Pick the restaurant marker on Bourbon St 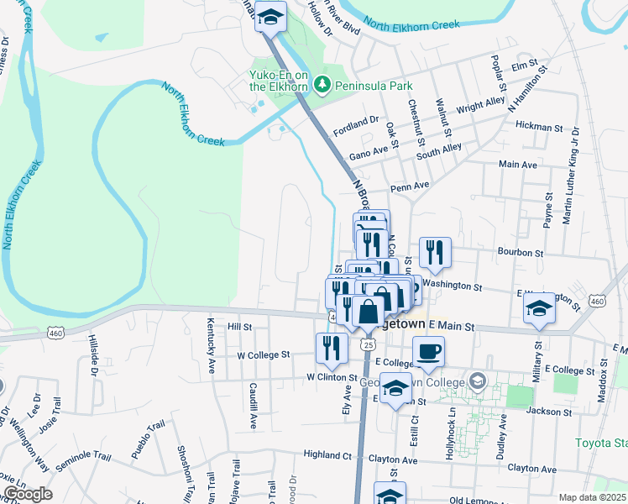coord(435,252)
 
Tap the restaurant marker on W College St coord(332,349)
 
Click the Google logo coord(27,494)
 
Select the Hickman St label coord(539,128)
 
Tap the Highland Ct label coord(327,454)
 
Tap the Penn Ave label coord(410,185)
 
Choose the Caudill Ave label coord(252,400)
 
